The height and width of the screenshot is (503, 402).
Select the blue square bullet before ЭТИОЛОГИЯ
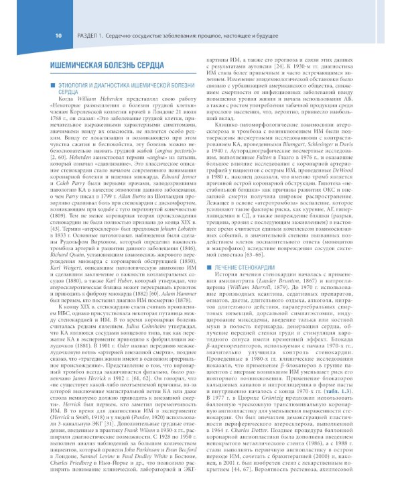pos(46,87)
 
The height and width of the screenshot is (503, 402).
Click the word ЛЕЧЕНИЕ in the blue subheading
pos(232,267)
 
